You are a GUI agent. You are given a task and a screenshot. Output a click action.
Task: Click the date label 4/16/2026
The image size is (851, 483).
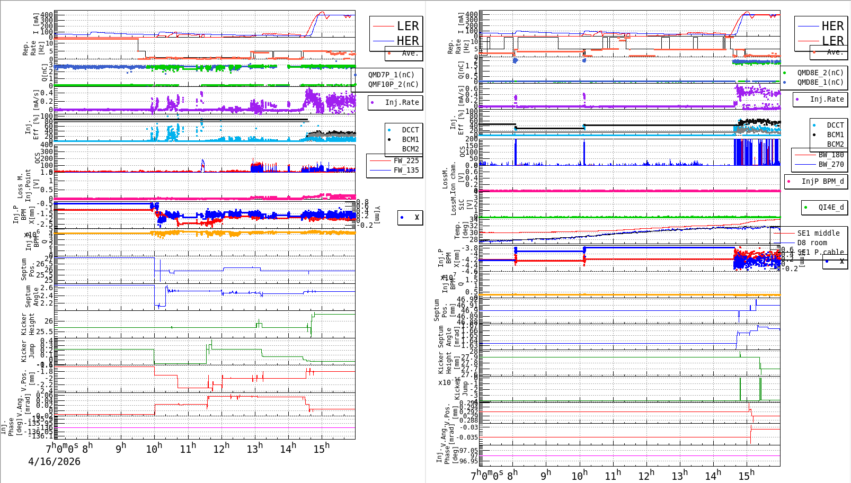pyautogui.click(x=54, y=462)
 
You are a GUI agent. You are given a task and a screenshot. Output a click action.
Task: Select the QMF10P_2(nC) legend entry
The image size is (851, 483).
pyautogui.click(x=393, y=84)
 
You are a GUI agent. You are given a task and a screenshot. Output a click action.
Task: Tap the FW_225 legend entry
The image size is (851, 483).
pyautogui.click(x=406, y=160)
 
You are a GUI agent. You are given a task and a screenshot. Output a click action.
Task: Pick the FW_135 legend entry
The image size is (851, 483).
pyautogui.click(x=406, y=170)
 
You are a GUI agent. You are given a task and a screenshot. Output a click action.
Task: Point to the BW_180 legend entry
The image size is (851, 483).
pyautogui.click(x=831, y=155)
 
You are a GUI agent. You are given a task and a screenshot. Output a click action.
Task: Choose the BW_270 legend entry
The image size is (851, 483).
pyautogui.click(x=831, y=164)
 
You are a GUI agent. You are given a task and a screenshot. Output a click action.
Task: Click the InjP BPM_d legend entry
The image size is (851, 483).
pyautogui.click(x=822, y=181)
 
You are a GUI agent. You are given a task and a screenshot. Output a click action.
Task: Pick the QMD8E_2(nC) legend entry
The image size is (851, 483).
pyautogui.click(x=820, y=73)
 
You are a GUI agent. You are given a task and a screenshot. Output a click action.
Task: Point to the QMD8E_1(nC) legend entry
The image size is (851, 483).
pyautogui.click(x=820, y=82)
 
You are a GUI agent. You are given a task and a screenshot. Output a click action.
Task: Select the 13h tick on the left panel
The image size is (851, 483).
pyautogui.click(x=254, y=449)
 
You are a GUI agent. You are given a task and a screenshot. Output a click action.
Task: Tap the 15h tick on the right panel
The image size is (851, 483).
pyautogui.click(x=746, y=476)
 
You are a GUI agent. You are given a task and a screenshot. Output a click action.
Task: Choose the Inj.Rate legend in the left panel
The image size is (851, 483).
pyautogui.click(x=402, y=102)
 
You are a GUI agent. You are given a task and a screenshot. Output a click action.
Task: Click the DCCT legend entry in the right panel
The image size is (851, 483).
pyautogui.click(x=835, y=125)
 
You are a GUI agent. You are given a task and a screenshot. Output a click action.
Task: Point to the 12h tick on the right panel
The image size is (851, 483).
pyautogui.click(x=646, y=476)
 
